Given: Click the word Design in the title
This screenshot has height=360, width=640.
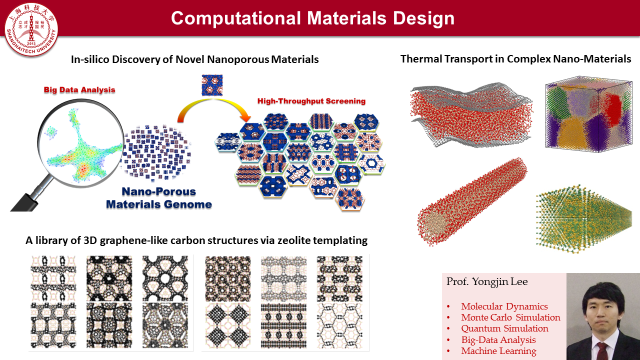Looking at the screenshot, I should pyautogui.click(x=423, y=18).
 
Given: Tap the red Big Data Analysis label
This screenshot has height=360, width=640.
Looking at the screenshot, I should pyautogui.click(x=79, y=90).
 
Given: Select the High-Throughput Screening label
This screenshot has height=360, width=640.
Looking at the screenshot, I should pyautogui.click(x=311, y=101).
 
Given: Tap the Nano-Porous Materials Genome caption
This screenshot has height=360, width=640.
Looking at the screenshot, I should pyautogui.click(x=159, y=198).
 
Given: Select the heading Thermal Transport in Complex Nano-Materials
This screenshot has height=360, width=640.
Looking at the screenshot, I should pyautogui.click(x=515, y=59).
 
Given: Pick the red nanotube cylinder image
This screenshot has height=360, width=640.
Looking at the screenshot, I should pyautogui.click(x=471, y=202).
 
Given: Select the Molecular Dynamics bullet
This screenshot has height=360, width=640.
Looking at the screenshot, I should pyautogui.click(x=504, y=306).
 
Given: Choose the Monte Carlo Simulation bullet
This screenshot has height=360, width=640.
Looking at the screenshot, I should pyautogui.click(x=510, y=317).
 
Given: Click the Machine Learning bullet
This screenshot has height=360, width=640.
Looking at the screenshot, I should pyautogui.click(x=498, y=351).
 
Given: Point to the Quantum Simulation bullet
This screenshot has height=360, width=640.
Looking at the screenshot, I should pyautogui.click(x=504, y=328).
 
